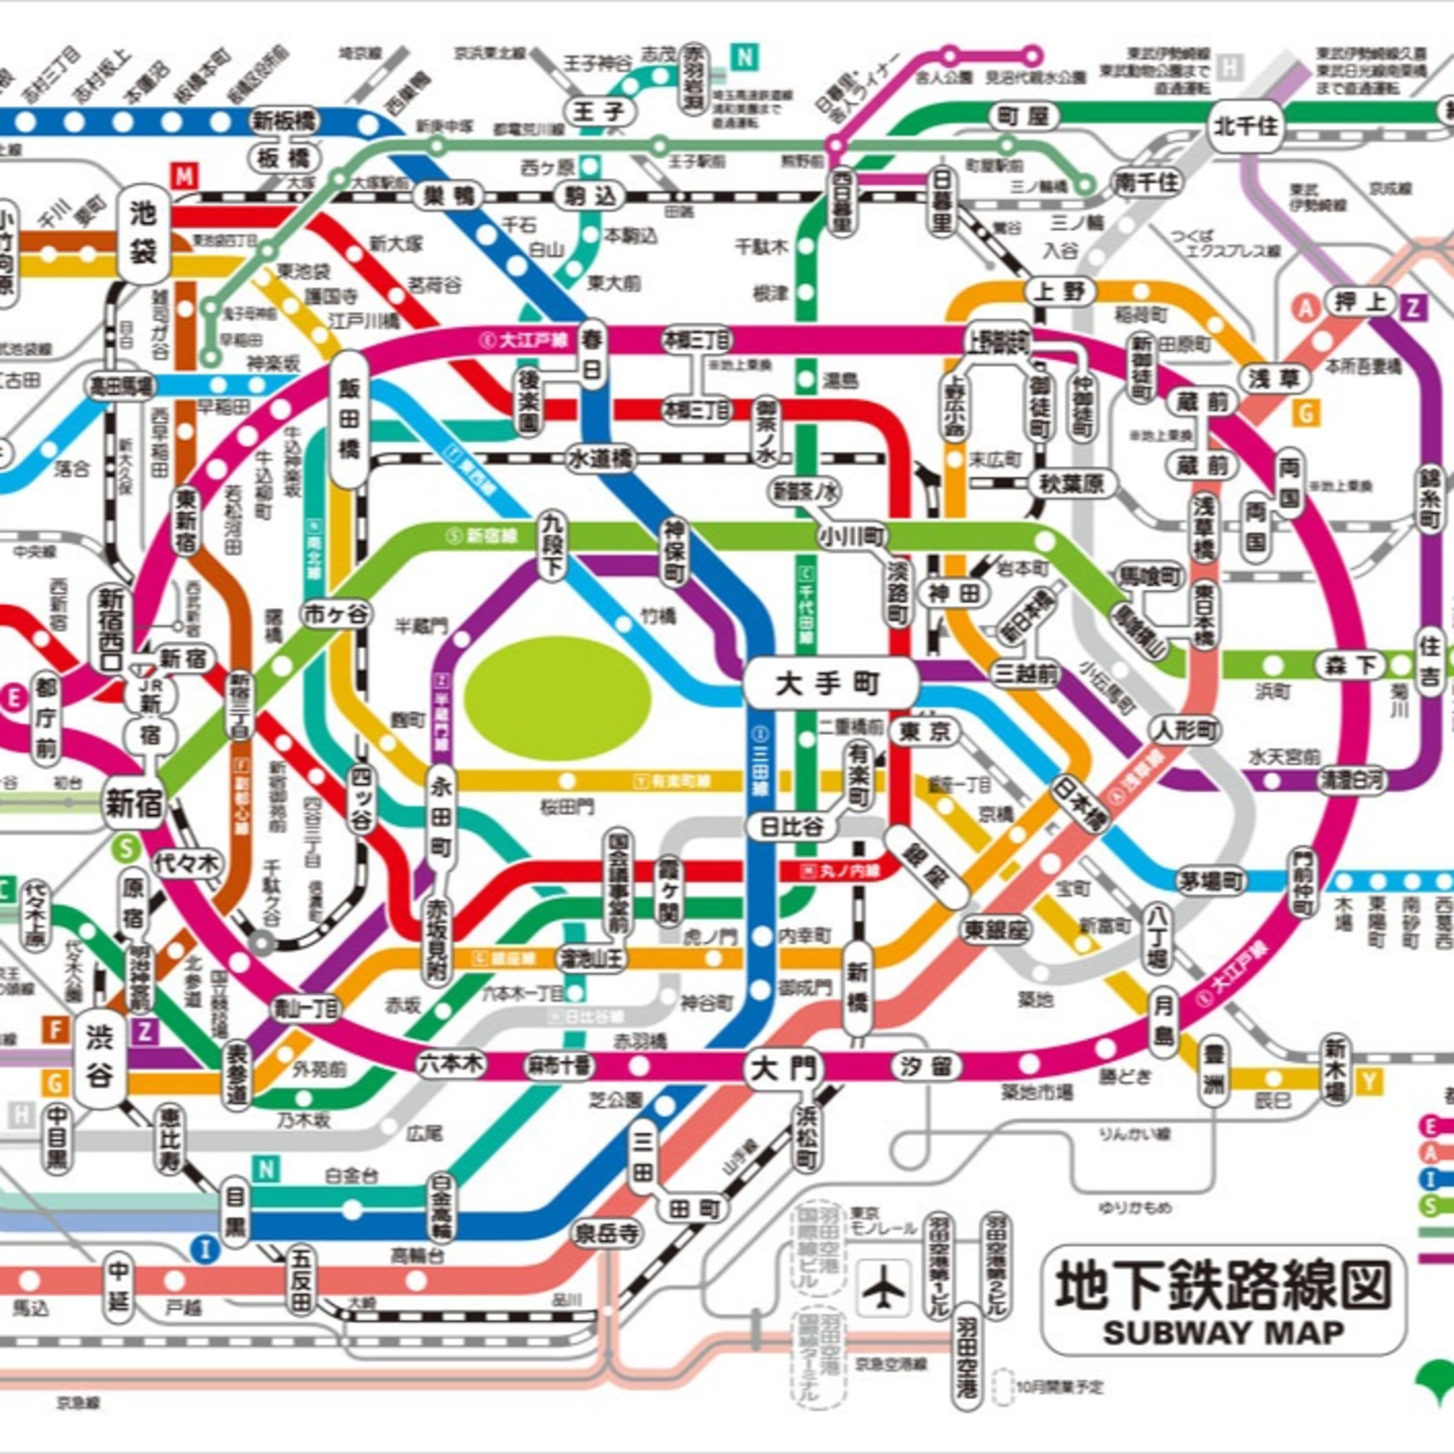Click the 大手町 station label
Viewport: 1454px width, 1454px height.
coord(830,683)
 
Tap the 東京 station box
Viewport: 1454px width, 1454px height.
coord(925,731)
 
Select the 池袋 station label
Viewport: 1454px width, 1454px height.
coord(143,233)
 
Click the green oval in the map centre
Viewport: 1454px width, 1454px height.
coord(557,693)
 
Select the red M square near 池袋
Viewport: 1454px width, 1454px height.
coord(184,177)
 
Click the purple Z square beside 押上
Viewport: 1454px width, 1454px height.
coord(1414,306)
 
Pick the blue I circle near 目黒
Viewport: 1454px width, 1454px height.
coord(205,1250)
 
